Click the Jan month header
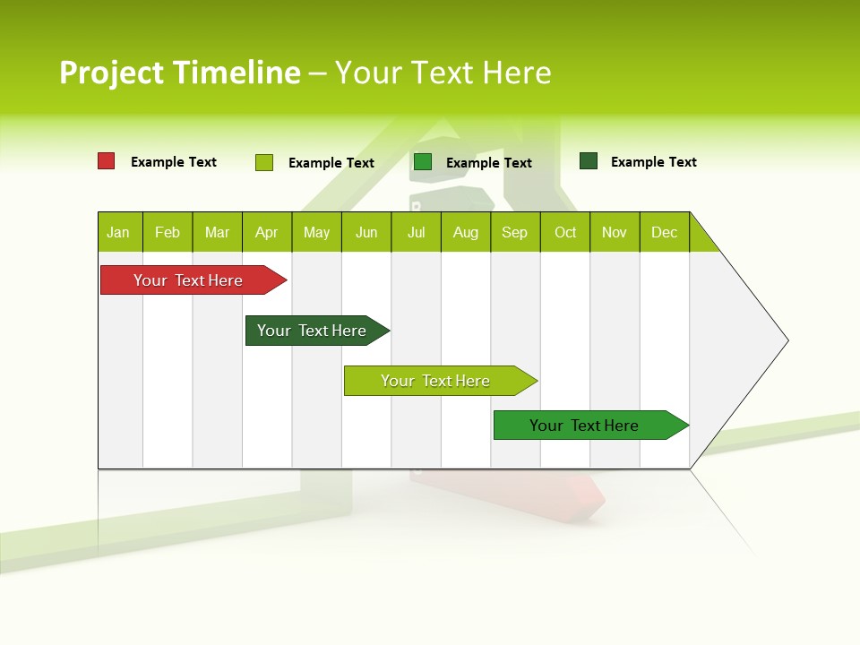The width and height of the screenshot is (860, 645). point(118,232)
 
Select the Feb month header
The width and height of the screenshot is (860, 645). point(168,232)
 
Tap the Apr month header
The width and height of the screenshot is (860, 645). point(266,232)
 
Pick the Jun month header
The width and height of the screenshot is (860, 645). point(366,232)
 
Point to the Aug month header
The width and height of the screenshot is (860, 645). point(465,232)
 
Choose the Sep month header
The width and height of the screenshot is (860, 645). point(514,232)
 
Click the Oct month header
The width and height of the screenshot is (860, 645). point(565,232)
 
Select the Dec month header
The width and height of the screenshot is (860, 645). point(664,232)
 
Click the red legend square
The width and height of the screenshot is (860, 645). point(107,161)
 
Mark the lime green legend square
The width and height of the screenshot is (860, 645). point(264,162)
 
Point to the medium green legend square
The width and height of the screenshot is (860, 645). point(423,162)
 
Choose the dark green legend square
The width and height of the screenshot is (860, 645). point(589,161)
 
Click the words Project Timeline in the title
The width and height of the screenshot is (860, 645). point(180,73)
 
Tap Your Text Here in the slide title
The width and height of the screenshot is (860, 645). point(443,73)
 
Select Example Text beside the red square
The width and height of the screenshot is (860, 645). point(174,162)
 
